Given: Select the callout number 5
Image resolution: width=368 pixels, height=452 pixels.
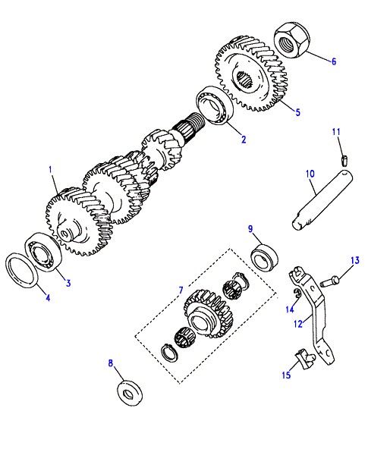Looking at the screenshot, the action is tap(298, 111).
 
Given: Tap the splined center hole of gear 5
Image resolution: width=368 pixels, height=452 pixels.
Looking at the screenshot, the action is tap(245, 78).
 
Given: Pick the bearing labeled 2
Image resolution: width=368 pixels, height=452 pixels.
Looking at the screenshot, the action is tap(215, 105).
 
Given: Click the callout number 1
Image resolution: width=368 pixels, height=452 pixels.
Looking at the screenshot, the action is tap(51, 170).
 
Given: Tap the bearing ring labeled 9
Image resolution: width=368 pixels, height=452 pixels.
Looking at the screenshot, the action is tap(264, 257).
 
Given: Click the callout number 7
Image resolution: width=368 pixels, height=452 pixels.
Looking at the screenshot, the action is tap(181, 290).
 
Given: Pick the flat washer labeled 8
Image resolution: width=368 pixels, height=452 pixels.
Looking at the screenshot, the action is tap(130, 393).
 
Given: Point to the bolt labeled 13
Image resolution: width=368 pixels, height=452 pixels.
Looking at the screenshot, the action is tap(329, 280).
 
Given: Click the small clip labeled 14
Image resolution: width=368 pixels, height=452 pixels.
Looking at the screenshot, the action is tap(297, 293).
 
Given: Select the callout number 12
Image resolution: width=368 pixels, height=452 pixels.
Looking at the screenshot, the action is tap(298, 323).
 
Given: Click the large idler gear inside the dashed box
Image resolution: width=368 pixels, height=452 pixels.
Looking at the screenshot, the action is tap(208, 314).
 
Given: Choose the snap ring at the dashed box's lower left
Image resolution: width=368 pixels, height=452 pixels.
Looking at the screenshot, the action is tap(169, 352).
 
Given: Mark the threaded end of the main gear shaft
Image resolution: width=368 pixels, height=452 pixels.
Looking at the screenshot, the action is tap(196, 121).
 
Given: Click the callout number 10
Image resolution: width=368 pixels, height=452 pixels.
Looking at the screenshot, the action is tap(310, 174).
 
